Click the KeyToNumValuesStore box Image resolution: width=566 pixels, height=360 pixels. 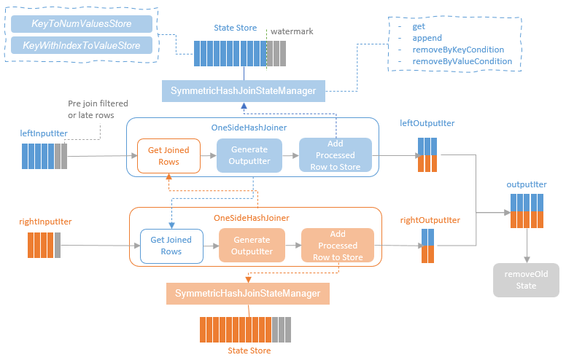click(81, 24)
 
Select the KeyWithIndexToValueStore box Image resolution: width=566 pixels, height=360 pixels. click(81, 45)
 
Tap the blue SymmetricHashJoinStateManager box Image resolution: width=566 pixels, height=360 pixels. click(243, 91)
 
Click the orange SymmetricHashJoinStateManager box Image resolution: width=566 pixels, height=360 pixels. click(247, 294)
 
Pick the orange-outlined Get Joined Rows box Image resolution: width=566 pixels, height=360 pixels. click(168, 155)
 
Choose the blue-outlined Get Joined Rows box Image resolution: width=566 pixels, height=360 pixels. click(171, 245)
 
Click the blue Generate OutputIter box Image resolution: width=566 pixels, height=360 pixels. click(249, 155)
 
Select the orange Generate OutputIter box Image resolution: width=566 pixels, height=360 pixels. click(252, 245)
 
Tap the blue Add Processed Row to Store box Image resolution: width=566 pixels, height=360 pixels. click(336, 155)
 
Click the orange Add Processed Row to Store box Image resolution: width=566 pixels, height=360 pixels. click(338, 245)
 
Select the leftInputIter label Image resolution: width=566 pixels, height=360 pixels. click(44, 133)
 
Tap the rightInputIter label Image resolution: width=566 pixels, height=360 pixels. click(45, 221)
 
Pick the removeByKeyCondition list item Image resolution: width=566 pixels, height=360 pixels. click(457, 50)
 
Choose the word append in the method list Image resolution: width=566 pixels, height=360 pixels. click(427, 38)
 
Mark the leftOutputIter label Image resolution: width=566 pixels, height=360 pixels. click(427, 123)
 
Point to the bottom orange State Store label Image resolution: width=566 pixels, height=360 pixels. click(249, 351)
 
